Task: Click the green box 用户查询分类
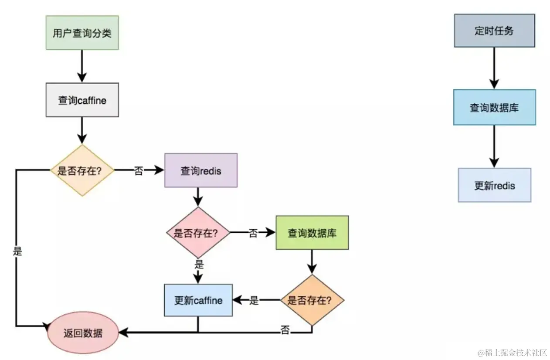point(82,33)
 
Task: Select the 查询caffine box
point(82,100)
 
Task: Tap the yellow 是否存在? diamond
point(82,170)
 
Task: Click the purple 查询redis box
point(201,170)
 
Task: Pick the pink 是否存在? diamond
point(198,232)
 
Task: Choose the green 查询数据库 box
point(312,233)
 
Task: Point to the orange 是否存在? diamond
point(312,300)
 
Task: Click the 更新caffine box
point(198,300)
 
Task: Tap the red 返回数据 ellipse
point(83,333)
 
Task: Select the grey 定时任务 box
point(495,31)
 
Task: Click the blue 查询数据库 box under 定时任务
point(495,107)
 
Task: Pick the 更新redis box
point(495,185)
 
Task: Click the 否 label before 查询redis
point(139,171)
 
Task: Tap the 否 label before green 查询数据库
point(253,233)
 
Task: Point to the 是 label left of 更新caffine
point(254,300)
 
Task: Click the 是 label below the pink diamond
point(199,265)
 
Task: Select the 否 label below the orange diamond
point(285,330)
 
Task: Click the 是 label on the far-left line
point(17,251)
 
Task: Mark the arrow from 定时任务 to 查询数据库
point(494,68)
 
